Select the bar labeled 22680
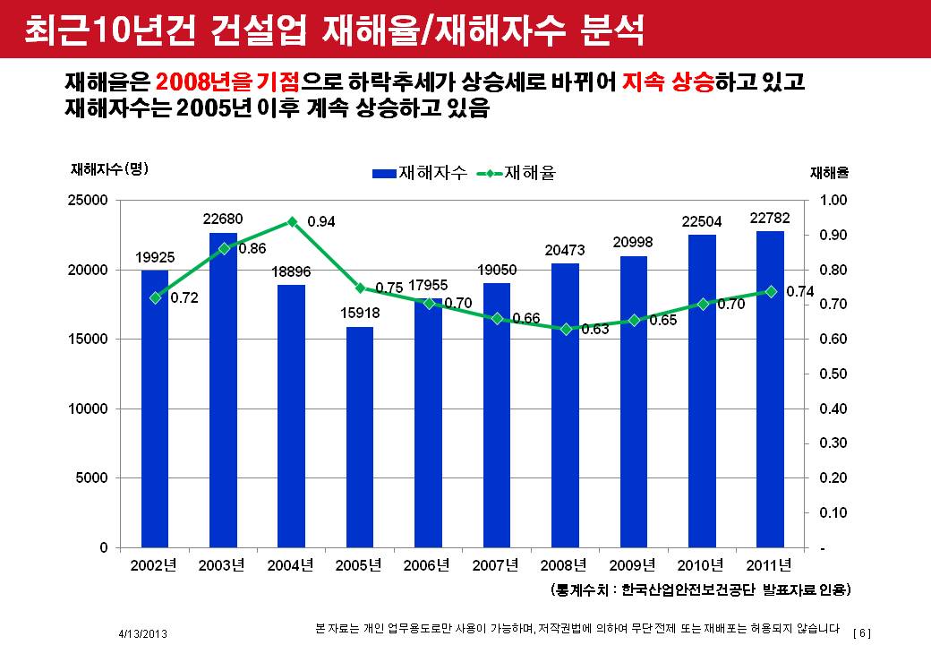223,390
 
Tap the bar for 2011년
770,389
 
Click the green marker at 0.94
292,221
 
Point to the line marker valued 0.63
566,329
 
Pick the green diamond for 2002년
155,297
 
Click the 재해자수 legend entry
420,173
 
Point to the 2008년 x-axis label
565,565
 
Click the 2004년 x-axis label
291,565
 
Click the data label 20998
633,242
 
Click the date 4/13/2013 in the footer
142,633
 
